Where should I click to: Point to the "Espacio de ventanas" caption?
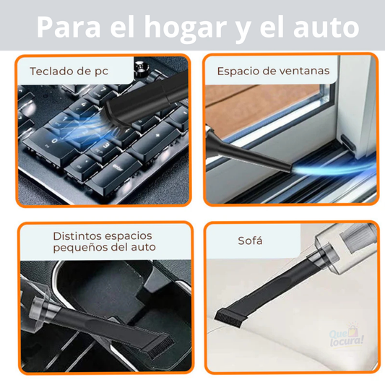click(x=273, y=72)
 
